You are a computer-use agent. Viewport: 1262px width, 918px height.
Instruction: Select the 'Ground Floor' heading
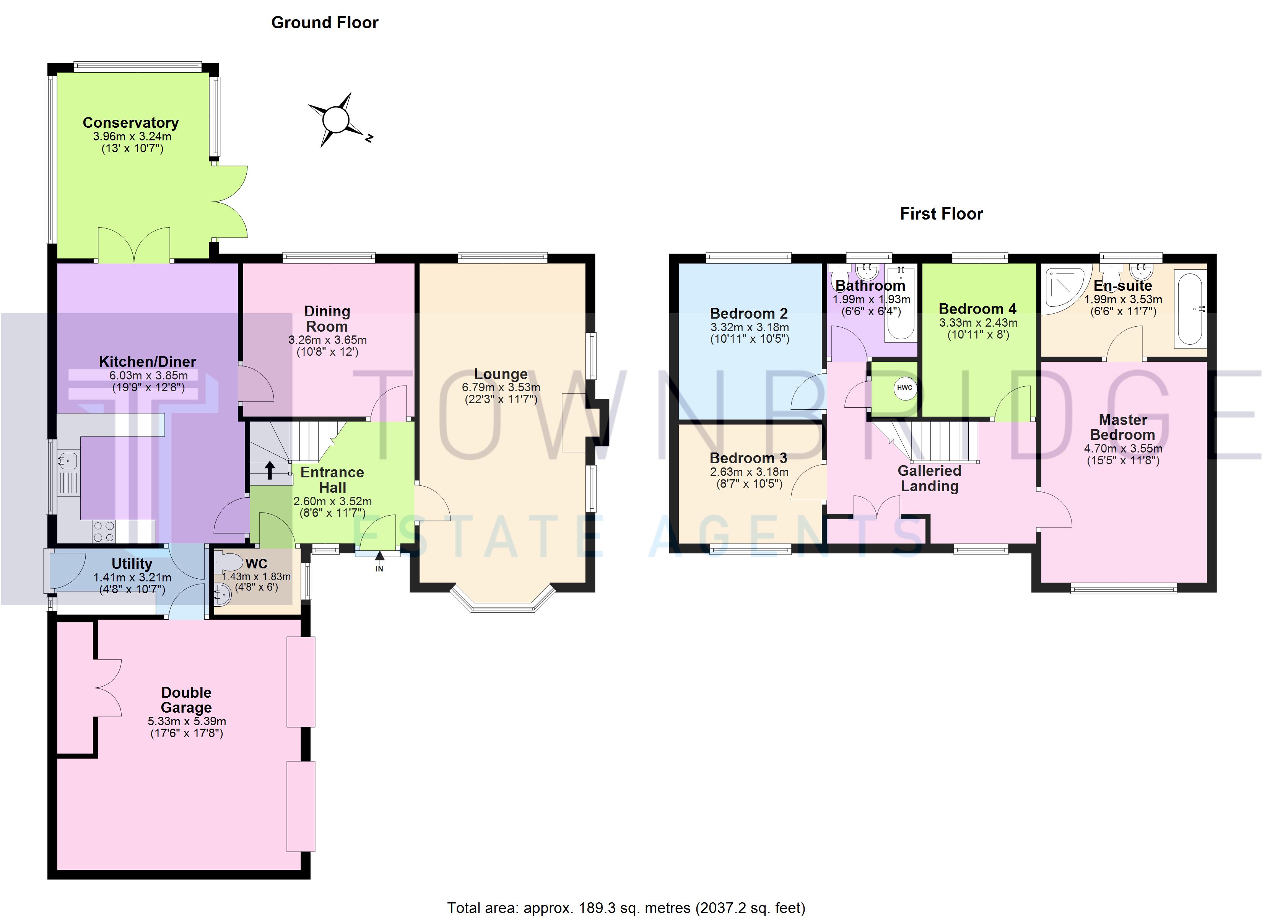click(x=325, y=23)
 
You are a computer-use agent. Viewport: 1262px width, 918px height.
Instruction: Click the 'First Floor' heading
click(x=942, y=214)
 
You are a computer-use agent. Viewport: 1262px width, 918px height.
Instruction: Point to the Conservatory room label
click(x=131, y=122)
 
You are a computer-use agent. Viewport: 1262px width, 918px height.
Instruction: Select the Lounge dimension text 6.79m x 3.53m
click(x=501, y=387)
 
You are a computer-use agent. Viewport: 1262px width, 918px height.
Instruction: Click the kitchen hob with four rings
click(x=104, y=531)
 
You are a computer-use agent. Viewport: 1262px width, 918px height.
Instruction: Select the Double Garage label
click(x=186, y=700)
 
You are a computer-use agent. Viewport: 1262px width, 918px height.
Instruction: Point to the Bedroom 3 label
click(x=748, y=458)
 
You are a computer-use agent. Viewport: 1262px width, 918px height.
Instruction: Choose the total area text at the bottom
click(x=626, y=908)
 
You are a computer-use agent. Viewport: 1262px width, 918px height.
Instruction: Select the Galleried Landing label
click(x=929, y=478)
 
